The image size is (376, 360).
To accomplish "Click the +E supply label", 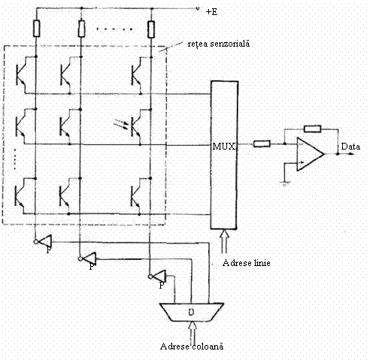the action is pos(211,12).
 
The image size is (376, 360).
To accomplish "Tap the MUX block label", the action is pos(224,147).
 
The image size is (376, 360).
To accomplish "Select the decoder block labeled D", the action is pos(192,312).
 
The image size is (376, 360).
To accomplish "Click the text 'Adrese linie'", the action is pos(246,263).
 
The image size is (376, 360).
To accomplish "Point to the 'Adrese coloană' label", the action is pos(192,346).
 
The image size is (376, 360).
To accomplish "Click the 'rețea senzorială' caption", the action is pos(219,44).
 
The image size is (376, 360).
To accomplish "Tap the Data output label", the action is pos(350,147).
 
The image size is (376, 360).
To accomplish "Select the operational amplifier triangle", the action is pos(310,154).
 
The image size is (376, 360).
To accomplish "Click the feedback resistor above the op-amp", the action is pos(312,129).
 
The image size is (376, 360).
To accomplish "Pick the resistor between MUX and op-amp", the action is pos(262,144).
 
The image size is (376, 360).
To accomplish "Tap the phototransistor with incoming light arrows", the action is pos(136,123).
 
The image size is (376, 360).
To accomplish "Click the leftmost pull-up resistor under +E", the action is pos(37,29).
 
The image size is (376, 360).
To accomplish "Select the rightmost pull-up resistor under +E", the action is pos(151,29).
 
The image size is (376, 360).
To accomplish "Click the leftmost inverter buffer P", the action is pos(43,241).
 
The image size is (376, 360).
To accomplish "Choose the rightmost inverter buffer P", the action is pos(158,277).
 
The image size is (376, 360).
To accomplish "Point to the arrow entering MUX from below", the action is pos(224,241).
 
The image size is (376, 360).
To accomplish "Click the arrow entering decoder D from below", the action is pos(193,333).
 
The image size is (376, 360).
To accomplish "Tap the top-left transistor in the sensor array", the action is pos(25,74).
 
